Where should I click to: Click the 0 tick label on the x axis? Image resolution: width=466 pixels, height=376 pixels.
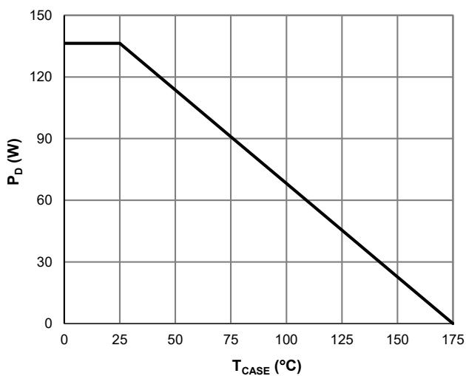[64, 339]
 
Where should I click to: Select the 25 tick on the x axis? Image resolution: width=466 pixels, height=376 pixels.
[120, 339]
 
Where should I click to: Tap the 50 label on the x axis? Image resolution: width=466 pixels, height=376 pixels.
[175, 339]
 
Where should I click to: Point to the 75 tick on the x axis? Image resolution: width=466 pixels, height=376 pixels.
[231, 339]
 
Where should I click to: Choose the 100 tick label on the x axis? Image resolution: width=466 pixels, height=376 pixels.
[286, 339]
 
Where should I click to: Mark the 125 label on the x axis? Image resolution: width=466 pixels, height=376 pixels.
[342, 339]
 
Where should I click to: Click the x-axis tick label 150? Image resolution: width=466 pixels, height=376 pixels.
[397, 339]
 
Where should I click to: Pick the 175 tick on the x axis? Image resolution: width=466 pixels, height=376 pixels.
[453, 339]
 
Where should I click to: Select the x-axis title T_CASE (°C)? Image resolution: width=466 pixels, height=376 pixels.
[258, 364]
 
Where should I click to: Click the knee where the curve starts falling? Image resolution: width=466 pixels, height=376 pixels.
[120, 44]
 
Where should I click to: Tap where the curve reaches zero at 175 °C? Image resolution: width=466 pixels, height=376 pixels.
[453, 324]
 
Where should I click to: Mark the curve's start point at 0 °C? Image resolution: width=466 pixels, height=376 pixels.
[64, 44]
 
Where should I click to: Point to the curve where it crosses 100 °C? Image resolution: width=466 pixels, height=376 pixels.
[286, 183]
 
